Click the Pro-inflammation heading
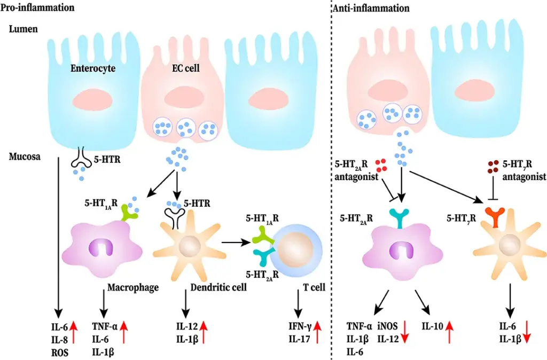point(37,8)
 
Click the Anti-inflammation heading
point(371,8)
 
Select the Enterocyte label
point(93,69)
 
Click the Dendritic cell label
point(218,288)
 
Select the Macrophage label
point(133,288)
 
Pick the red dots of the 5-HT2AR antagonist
point(381,166)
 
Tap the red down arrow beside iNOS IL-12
point(405,330)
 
